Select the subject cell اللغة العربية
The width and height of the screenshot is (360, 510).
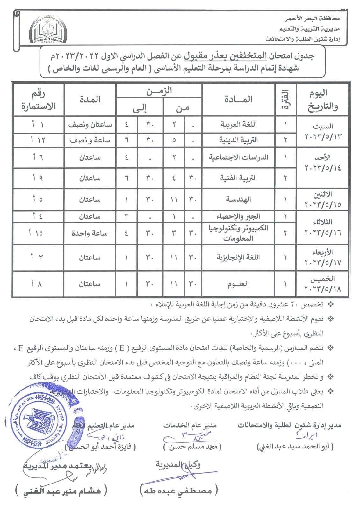point(239,125)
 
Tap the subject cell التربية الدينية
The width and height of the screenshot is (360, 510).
point(239,140)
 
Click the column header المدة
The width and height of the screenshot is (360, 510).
point(90,99)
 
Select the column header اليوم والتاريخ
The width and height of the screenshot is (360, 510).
point(322,99)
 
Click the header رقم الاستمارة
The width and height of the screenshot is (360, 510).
point(38,99)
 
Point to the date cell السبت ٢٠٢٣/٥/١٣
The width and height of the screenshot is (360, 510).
point(323,132)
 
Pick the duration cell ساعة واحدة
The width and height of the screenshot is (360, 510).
point(90,233)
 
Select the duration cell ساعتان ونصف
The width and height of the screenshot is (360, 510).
point(90,125)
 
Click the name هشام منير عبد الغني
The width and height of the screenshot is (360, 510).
point(62,491)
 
